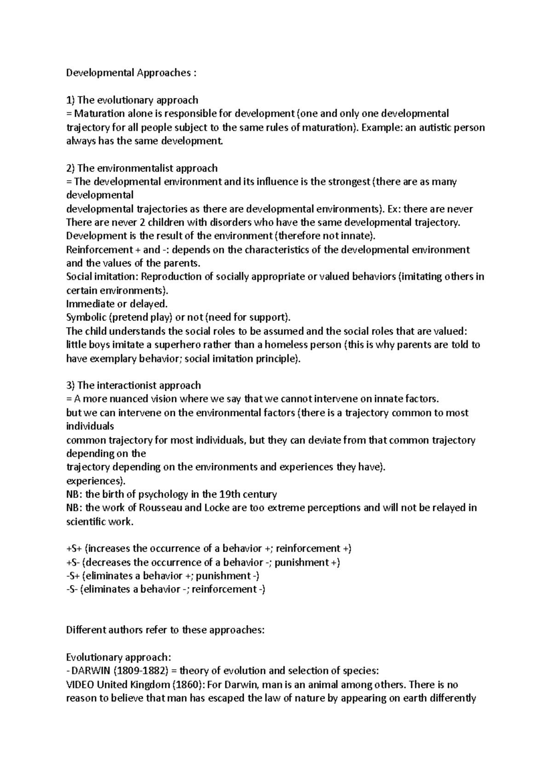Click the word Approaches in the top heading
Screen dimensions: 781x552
point(162,73)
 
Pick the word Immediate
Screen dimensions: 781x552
point(86,304)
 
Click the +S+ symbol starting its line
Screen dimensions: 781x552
point(75,549)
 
